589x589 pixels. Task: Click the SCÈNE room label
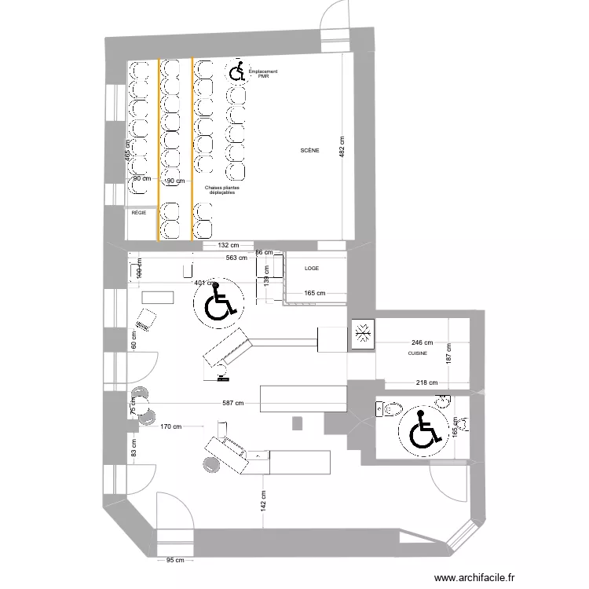(309, 151)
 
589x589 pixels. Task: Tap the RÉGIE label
(139, 212)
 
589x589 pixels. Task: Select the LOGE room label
(312, 268)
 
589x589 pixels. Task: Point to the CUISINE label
(417, 354)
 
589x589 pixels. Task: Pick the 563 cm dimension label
(236, 257)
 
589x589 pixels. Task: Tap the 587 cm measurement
(232, 404)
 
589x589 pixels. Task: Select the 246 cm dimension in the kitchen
(422, 342)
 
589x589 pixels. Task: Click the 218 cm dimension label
(426, 382)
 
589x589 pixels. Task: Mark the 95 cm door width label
(175, 560)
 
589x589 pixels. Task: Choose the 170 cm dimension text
(171, 428)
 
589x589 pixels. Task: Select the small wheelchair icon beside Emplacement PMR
(236, 72)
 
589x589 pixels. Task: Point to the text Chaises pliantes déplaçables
(222, 190)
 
